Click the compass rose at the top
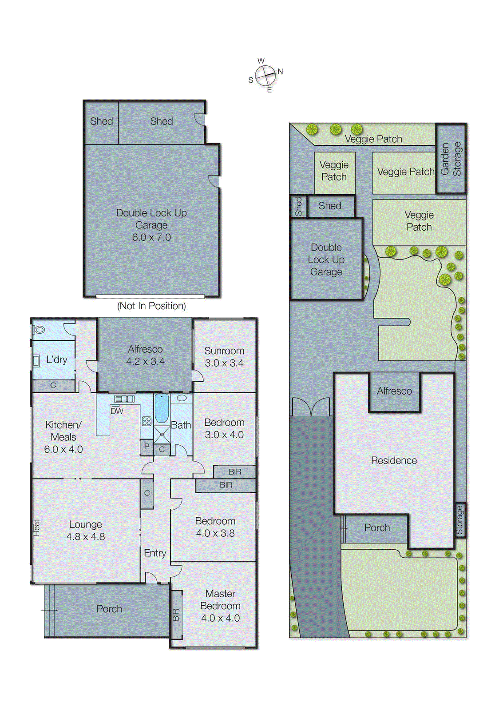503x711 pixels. pyautogui.click(x=265, y=76)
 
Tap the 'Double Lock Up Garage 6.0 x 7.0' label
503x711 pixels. pyautogui.click(x=151, y=225)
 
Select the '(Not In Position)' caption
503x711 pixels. pyautogui.click(x=151, y=306)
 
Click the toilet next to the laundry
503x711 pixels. pyautogui.click(x=39, y=330)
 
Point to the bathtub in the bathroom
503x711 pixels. pyautogui.click(x=162, y=408)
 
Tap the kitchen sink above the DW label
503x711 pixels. pyautogui.click(x=124, y=399)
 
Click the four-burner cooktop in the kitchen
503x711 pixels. pyautogui.click(x=147, y=421)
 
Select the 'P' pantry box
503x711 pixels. pyautogui.click(x=147, y=447)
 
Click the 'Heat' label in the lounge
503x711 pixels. pyautogui.click(x=36, y=527)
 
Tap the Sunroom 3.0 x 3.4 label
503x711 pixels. pyautogui.click(x=224, y=357)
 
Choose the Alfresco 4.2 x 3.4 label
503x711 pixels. pyautogui.click(x=145, y=355)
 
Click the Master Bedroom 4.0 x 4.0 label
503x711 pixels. pyautogui.click(x=220, y=606)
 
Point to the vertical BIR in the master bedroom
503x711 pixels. pyautogui.click(x=176, y=615)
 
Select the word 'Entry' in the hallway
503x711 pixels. pyautogui.click(x=155, y=553)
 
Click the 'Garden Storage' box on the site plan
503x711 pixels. pyautogui.click(x=451, y=159)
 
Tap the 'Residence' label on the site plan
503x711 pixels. pyautogui.click(x=394, y=460)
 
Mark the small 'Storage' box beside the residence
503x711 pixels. pyautogui.click(x=459, y=520)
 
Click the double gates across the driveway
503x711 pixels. pyautogui.click(x=311, y=407)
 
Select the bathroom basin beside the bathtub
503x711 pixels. pyautogui.click(x=182, y=398)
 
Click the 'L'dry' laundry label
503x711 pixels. pyautogui.click(x=57, y=359)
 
